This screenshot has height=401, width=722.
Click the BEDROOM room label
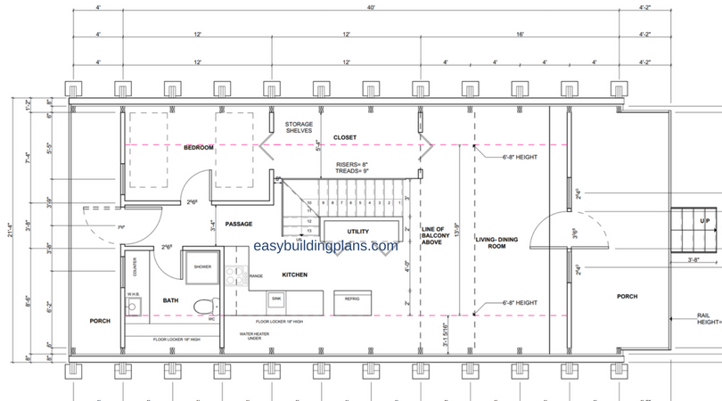pos(199,147)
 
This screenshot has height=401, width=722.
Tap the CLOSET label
pos(345,138)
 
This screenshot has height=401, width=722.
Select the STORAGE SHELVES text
pos(299,127)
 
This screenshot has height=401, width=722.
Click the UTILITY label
pos(358,232)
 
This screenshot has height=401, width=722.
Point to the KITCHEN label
pos(295,274)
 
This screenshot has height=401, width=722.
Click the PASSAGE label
pos(238,224)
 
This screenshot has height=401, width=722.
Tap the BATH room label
pos(170,301)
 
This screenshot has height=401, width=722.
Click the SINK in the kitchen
pos(276,299)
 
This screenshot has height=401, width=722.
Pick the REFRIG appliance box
pos(351,299)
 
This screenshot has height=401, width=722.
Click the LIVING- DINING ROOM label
pos(490,241)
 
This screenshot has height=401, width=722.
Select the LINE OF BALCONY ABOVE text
pos(432,235)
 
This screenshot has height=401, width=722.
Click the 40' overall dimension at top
pos(370,8)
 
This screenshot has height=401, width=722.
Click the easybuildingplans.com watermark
pos(325,247)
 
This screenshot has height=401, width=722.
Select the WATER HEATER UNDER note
pos(254,336)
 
